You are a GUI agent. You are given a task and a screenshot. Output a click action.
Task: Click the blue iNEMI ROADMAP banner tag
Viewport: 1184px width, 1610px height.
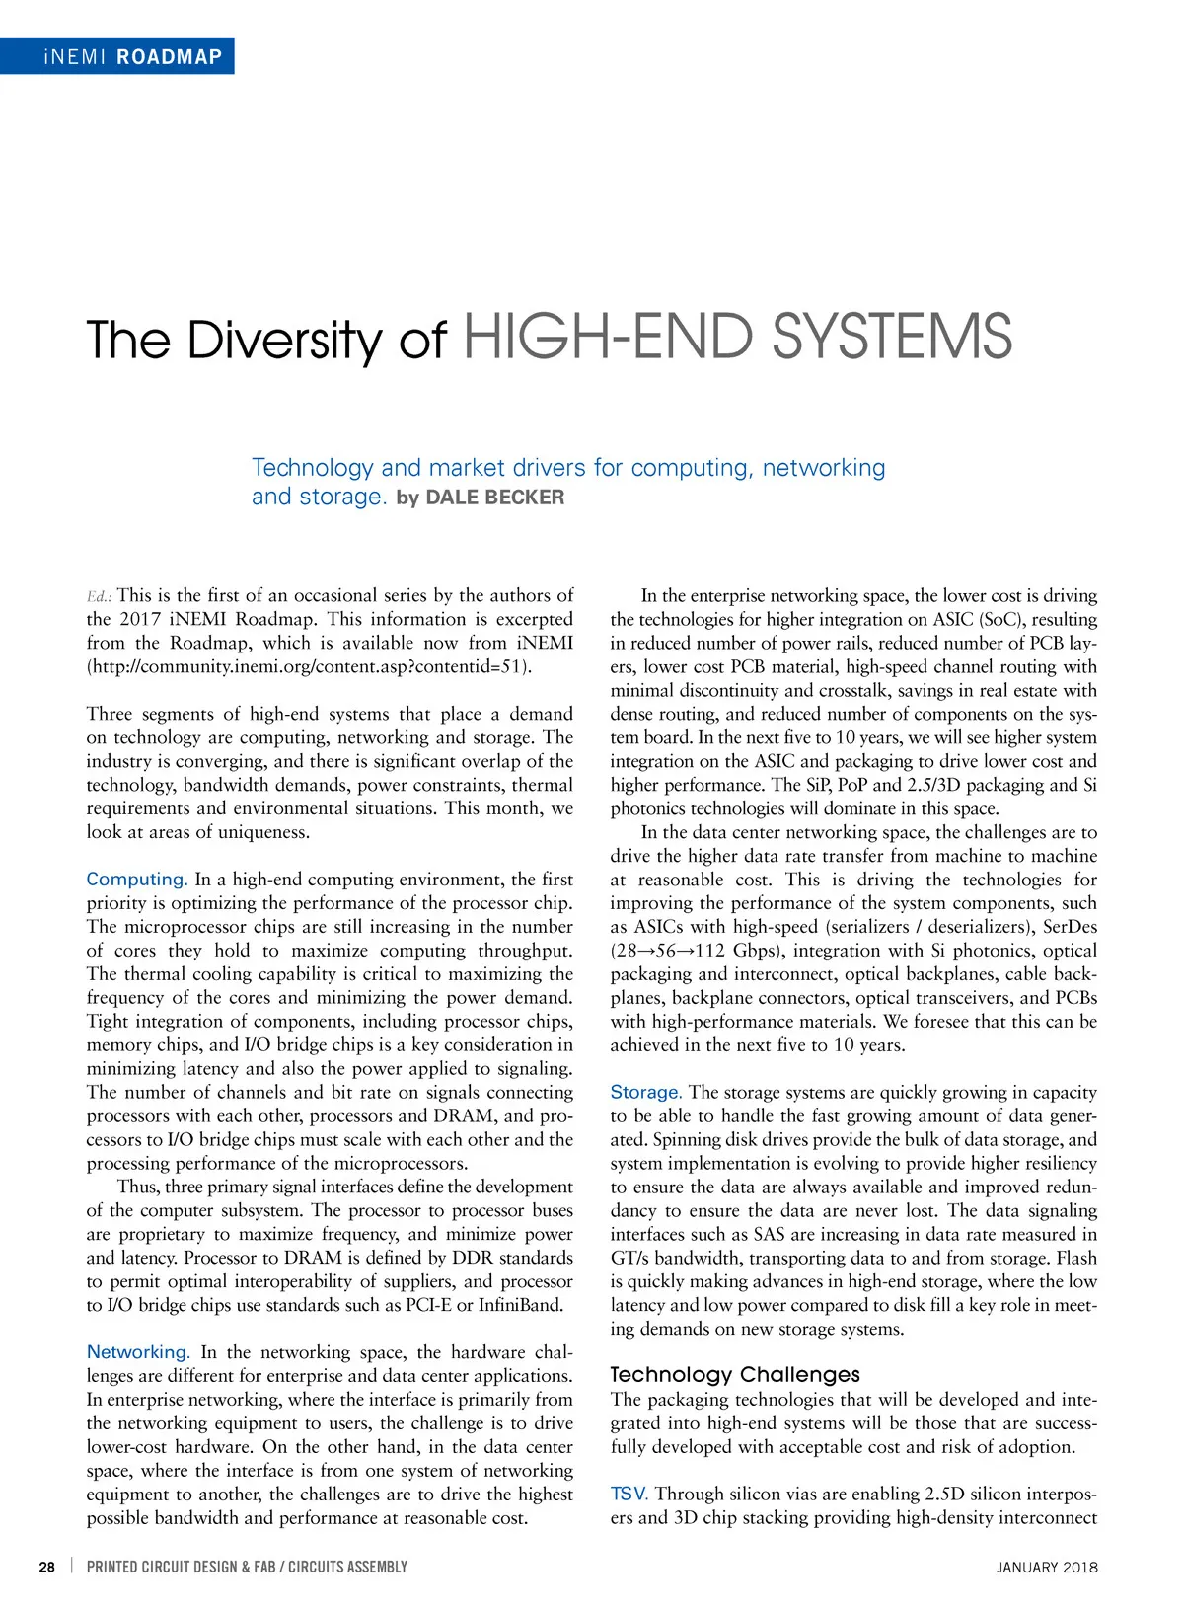point(117,56)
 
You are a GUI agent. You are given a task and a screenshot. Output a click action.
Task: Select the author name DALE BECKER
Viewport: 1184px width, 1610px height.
point(494,498)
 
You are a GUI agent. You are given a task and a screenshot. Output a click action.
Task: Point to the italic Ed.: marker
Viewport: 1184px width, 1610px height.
point(99,596)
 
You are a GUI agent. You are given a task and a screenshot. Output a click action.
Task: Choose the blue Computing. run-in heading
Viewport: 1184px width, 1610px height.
point(136,880)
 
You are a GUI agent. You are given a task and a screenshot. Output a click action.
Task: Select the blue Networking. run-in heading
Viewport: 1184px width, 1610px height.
point(138,1352)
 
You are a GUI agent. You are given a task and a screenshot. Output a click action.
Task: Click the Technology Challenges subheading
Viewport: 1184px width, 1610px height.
point(734,1375)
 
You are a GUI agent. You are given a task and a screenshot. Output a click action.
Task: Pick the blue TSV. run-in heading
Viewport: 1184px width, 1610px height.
point(629,1495)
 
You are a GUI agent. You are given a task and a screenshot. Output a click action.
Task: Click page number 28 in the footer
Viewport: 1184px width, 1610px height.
point(46,1567)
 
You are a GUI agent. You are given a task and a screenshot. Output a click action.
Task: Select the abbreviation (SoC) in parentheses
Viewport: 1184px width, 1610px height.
point(1000,620)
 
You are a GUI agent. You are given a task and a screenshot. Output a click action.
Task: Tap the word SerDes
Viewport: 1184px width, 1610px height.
point(1070,927)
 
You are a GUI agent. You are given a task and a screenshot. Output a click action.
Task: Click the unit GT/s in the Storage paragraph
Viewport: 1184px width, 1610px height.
point(629,1259)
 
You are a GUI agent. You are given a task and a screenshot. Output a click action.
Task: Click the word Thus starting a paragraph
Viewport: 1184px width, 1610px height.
point(138,1188)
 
